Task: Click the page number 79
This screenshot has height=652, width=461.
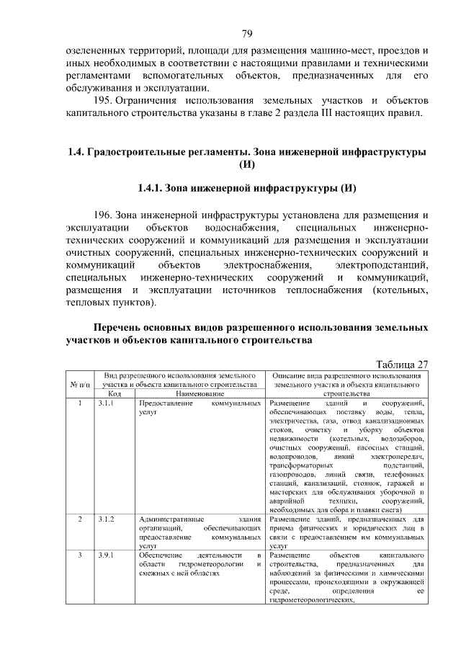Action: pos(246,34)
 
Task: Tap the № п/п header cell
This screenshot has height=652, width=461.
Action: pos(79,385)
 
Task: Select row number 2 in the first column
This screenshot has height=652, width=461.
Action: pos(79,519)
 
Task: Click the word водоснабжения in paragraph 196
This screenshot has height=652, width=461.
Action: pos(230,227)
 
